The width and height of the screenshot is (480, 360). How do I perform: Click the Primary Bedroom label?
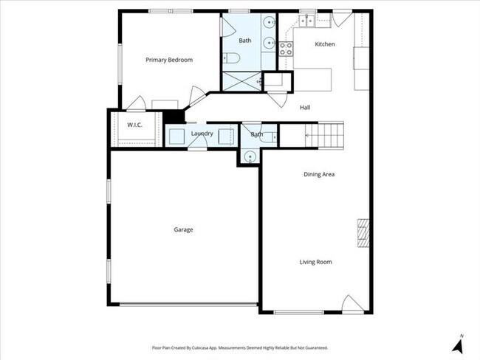click(x=168, y=60)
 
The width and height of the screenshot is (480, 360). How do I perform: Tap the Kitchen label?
click(x=325, y=44)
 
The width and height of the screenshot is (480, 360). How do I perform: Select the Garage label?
click(x=183, y=229)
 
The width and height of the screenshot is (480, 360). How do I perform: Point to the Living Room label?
click(x=315, y=262)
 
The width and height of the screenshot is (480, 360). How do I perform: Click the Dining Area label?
click(x=319, y=174)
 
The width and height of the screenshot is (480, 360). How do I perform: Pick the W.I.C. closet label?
click(x=134, y=125)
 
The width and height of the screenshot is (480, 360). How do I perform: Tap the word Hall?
click(x=305, y=108)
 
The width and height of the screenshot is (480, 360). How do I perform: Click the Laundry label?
click(x=202, y=134)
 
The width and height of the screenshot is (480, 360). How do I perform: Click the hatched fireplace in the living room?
click(x=362, y=233)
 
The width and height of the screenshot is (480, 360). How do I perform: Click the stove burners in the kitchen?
click(x=287, y=48)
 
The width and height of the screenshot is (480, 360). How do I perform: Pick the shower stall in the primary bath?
click(x=241, y=80)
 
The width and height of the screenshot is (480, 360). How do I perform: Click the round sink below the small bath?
click(x=250, y=156)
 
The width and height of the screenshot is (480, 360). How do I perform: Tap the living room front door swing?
click(x=352, y=303)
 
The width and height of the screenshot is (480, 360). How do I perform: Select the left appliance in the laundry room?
click(x=176, y=135)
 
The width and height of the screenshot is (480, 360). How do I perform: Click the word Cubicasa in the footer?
click(x=214, y=347)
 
